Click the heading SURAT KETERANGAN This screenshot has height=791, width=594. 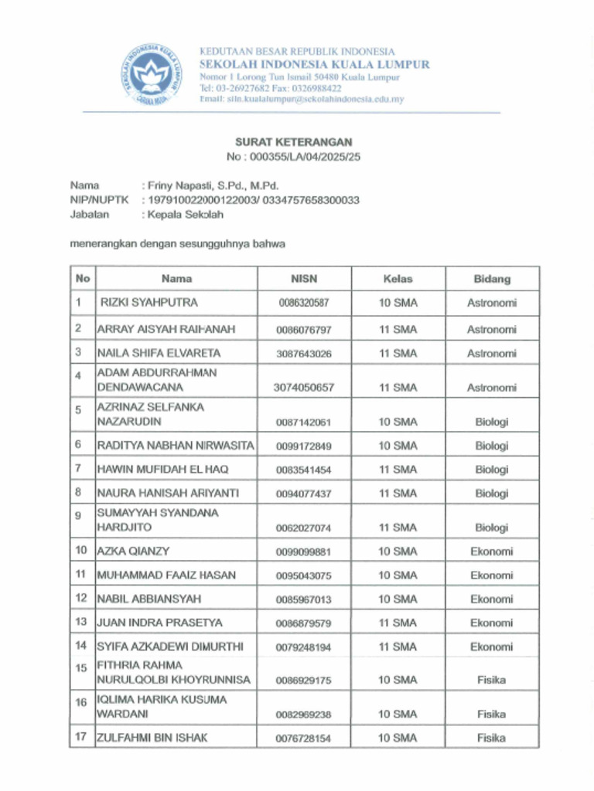[293, 142]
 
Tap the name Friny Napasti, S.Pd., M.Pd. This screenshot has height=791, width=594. [210, 185]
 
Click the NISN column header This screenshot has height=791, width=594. [304, 279]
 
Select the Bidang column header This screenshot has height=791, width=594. [492, 279]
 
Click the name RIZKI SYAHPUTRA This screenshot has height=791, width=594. [149, 303]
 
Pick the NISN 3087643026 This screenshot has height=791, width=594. [304, 354]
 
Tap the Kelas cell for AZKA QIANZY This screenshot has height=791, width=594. [398, 552]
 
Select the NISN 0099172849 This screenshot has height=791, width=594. [304, 446]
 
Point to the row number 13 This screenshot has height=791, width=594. [80, 622]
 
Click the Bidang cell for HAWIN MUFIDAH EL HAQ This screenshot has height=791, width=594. [492, 470]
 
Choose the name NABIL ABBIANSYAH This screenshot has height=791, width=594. [149, 599]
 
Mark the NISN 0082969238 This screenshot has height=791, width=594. [304, 715]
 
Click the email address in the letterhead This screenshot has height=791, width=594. [302, 100]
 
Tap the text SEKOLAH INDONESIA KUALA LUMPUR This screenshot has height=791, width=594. [315, 64]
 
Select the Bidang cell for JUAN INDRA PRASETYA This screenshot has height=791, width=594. [492, 623]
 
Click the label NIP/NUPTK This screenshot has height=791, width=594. [99, 200]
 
